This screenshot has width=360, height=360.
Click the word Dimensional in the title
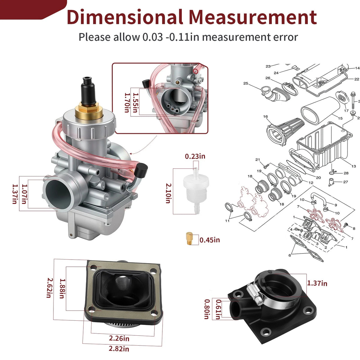(125, 17)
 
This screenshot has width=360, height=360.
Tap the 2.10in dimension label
(168, 193)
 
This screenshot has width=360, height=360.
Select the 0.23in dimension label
(195, 156)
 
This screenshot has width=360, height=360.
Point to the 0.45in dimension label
(210, 240)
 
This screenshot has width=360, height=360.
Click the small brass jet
(189, 238)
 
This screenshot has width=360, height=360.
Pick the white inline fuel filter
(196, 190)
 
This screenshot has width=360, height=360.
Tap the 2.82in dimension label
(119, 349)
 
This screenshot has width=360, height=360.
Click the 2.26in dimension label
(119, 338)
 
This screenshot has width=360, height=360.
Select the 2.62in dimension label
(50, 288)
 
